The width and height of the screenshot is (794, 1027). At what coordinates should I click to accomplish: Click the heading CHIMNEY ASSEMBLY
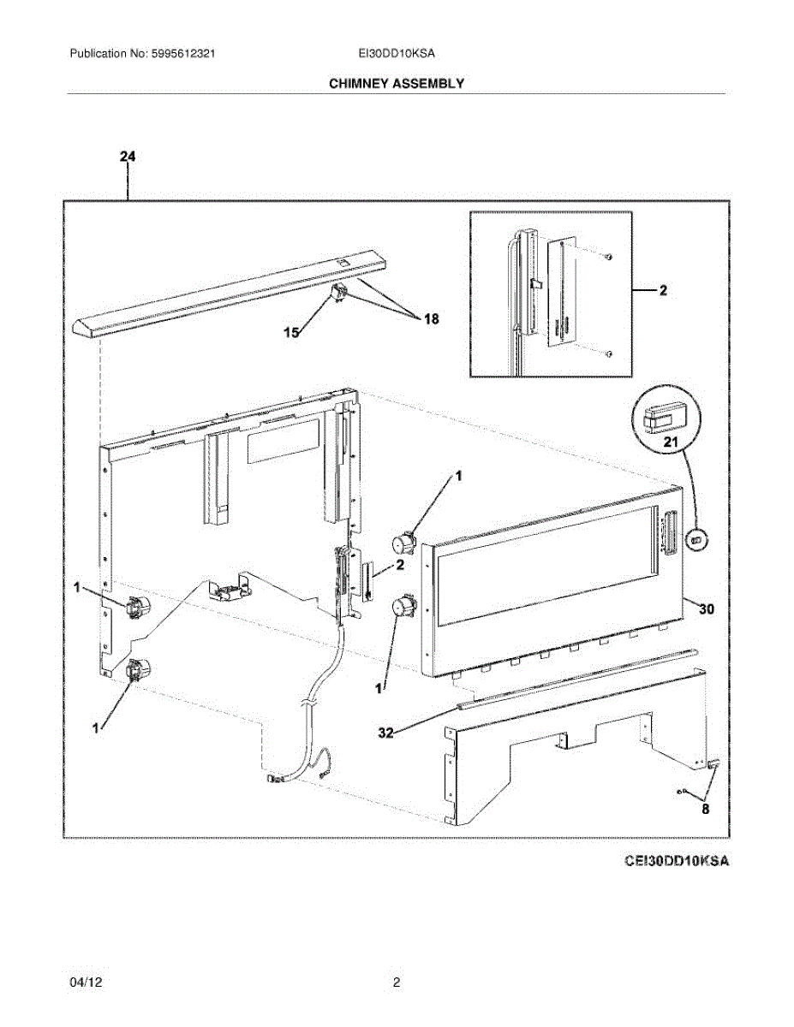click(x=396, y=83)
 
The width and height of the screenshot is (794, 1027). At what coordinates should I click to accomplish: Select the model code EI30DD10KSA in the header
click(x=397, y=53)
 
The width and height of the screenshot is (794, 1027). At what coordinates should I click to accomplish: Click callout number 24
click(x=128, y=157)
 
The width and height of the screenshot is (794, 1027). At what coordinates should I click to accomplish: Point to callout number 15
click(x=293, y=333)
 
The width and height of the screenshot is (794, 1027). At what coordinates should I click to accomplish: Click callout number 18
click(x=430, y=319)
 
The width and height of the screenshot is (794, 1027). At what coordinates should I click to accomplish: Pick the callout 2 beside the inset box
click(x=662, y=291)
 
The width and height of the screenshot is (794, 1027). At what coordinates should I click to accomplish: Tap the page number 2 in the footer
click(x=397, y=982)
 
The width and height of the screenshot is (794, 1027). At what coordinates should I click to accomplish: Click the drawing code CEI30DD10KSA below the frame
click(x=677, y=860)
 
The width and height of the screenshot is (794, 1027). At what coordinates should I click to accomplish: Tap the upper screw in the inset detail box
click(x=607, y=256)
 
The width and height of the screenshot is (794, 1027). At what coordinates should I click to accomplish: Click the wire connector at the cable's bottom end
click(x=277, y=778)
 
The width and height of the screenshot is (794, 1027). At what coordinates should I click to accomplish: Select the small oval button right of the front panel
click(x=695, y=540)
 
